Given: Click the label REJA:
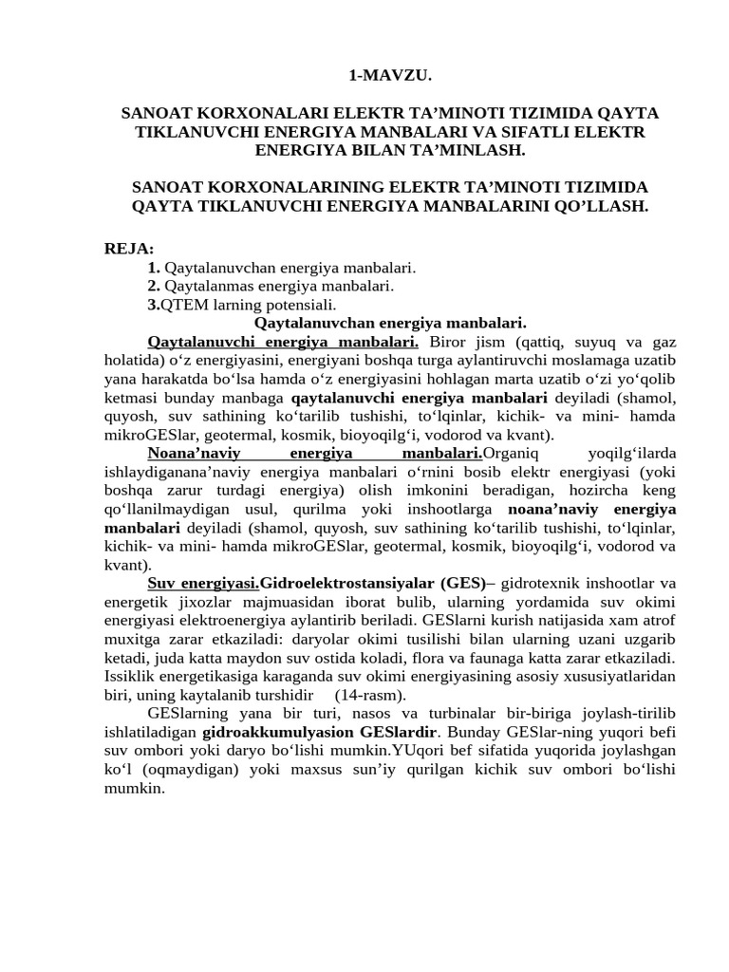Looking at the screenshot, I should tap(129, 249).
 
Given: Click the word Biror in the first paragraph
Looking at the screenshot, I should tap(451, 342).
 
